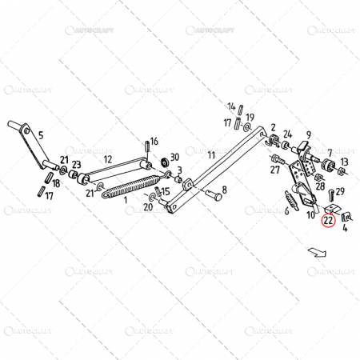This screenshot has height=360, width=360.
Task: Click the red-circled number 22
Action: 327,221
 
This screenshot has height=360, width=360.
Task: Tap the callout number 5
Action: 41,135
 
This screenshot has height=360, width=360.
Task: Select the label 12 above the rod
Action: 107,159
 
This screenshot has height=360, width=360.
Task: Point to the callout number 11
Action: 211,154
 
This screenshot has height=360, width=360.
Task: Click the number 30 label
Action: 175,157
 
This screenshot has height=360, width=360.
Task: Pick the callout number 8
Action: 225,190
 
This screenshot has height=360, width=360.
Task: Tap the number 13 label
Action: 344,162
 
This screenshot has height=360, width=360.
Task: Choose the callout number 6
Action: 286,212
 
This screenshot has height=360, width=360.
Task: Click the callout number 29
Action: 340,191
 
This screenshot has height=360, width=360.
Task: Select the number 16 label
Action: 154,142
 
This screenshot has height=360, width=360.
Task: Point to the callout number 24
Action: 288,134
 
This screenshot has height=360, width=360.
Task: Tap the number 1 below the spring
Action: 125,199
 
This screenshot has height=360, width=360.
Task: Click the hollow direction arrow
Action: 316,251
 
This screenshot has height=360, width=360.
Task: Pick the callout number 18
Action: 55,183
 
